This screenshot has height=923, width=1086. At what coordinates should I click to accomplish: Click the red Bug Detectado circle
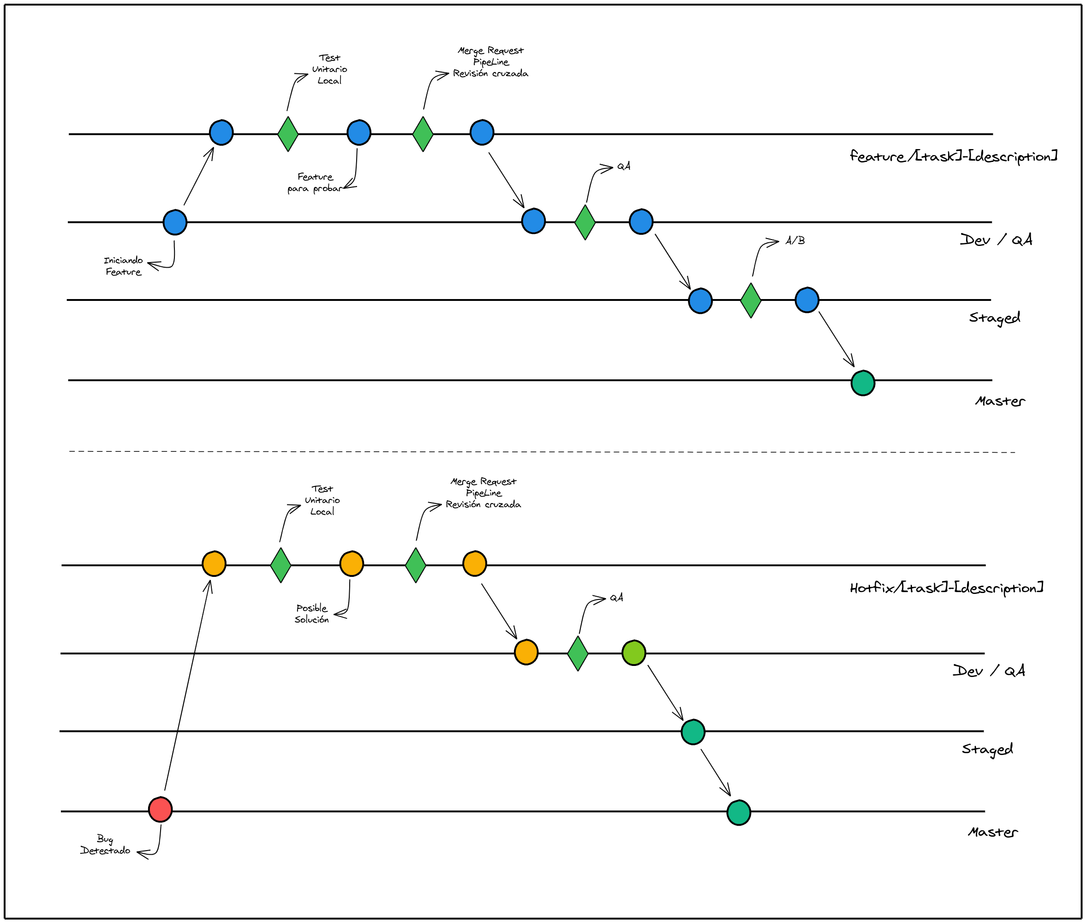160,809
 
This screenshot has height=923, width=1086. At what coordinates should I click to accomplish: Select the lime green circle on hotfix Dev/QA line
633,653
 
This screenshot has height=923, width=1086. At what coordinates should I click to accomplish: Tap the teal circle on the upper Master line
863,383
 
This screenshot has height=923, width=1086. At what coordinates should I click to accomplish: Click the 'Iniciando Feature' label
124,266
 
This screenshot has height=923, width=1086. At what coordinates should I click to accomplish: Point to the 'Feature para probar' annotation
314,183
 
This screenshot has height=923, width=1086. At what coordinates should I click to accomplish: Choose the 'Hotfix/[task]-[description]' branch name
946,587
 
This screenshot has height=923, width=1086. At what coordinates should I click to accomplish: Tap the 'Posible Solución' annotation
312,613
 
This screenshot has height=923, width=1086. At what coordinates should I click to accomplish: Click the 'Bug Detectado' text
105,845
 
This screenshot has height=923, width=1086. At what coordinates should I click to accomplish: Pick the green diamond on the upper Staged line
751,300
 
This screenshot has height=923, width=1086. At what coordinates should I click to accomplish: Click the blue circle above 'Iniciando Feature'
175,222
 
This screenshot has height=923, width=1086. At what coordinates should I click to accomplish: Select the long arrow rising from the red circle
187,685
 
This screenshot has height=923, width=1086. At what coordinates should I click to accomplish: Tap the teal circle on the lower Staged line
692,731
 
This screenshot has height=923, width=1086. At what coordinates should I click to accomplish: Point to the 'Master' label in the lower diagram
992,833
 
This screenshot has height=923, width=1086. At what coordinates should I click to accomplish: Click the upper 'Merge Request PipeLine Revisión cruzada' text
490,62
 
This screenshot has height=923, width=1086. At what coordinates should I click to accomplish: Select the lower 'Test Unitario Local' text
322,500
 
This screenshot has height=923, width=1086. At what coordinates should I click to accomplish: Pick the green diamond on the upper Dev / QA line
585,222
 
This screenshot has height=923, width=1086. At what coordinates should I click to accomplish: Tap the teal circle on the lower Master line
739,813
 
